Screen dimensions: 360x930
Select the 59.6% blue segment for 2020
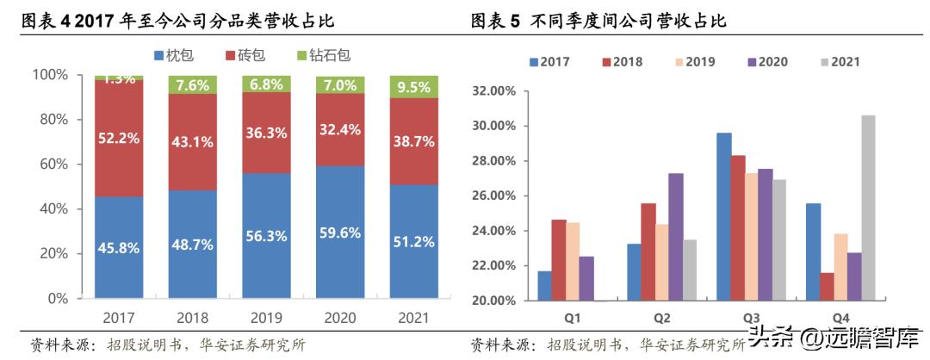coord(340,233)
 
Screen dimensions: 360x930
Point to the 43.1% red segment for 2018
coord(193,141)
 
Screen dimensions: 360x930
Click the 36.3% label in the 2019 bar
coord(267,134)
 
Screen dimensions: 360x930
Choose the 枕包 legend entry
coord(173,55)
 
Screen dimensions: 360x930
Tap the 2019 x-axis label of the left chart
coord(267,318)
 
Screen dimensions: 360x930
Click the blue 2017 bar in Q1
coord(544,286)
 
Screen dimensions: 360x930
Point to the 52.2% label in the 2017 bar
coord(119,135)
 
